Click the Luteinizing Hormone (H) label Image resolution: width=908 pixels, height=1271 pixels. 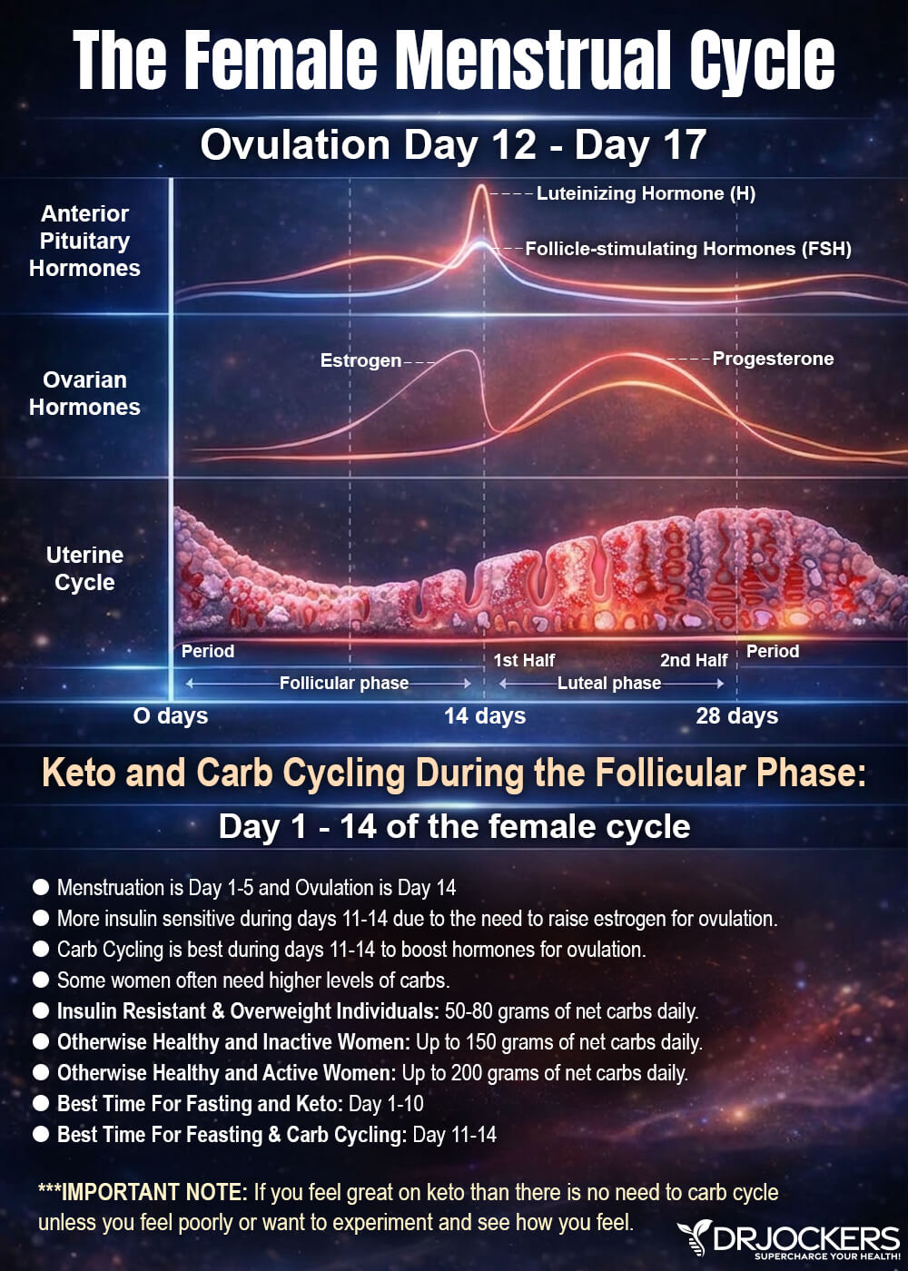646,193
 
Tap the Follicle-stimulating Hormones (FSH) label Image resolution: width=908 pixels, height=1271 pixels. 688,249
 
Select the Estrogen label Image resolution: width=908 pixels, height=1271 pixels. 361,360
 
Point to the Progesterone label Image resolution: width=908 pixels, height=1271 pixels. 773,359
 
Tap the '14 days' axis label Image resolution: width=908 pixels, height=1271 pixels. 485,715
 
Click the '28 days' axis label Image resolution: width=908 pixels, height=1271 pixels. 736,715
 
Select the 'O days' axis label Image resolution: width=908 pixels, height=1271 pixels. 171,715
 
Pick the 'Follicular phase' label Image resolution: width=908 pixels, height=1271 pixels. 344,683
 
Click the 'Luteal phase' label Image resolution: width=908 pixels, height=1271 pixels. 609,683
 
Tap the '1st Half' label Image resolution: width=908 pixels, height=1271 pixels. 524,661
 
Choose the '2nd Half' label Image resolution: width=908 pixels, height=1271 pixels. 694,661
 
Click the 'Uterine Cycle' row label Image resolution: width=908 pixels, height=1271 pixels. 84,568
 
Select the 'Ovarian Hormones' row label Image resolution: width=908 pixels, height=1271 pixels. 84,393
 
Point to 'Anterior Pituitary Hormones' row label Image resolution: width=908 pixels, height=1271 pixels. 84,241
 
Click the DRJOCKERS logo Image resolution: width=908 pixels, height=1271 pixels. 789,1241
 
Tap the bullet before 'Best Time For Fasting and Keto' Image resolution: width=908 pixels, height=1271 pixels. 41,1104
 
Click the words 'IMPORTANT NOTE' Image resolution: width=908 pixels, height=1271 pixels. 153,1192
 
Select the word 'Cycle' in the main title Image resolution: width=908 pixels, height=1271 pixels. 762,60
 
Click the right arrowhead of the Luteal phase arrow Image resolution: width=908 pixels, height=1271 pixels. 720,684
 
